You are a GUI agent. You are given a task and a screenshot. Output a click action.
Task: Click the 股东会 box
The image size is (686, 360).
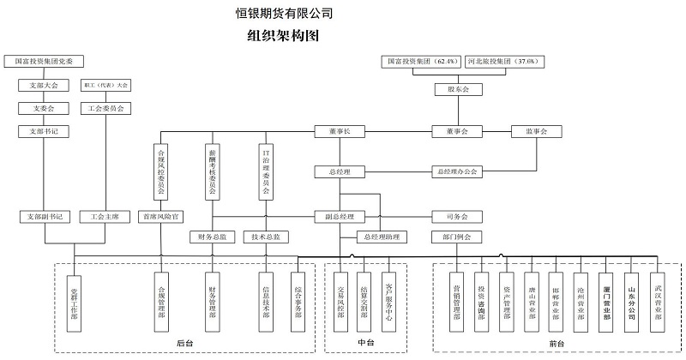[452, 88]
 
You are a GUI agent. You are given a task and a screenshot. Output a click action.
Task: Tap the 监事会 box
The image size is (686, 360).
[535, 131]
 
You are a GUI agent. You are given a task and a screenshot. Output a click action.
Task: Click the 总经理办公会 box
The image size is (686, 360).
[457, 171]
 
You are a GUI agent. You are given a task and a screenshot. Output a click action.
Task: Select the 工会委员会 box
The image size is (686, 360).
[105, 109]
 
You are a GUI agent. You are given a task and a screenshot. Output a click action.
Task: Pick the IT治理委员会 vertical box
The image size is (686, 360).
[266, 171]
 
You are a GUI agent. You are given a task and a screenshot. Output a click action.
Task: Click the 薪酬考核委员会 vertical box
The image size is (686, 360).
[212, 171]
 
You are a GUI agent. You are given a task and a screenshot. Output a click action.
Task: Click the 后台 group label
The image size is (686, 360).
[184, 344]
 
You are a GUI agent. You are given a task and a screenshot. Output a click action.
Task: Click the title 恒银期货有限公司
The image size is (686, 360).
[284, 14]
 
